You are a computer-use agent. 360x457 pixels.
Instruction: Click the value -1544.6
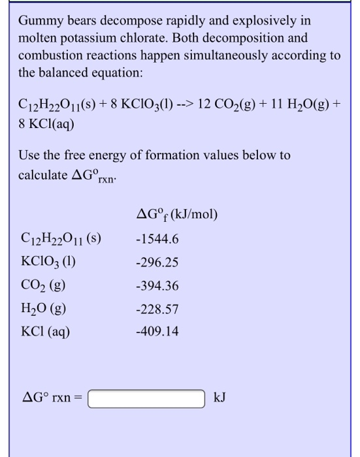pos(157,239)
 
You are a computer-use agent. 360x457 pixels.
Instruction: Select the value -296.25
pos(157,262)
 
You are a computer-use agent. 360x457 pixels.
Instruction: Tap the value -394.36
pos(157,286)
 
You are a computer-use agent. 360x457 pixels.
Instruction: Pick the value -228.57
pos(157,309)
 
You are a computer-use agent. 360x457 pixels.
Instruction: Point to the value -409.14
pos(157,332)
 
